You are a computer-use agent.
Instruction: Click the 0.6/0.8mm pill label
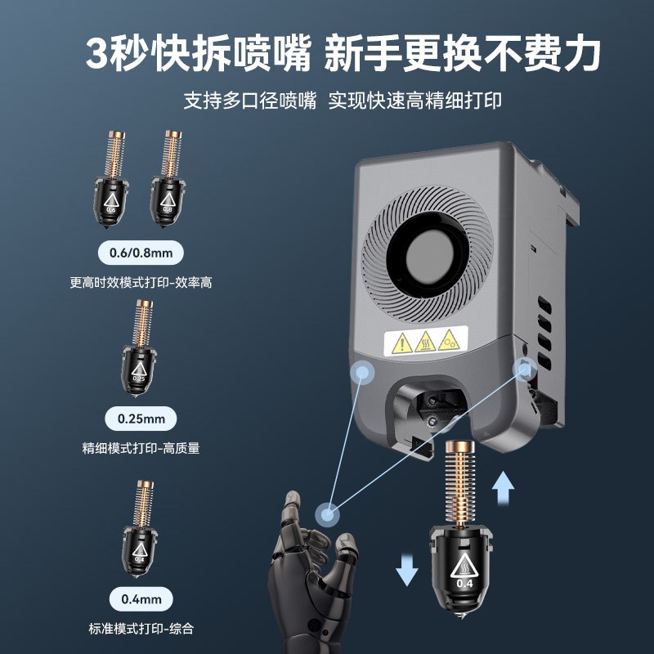141,253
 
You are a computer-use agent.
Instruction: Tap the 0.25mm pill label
141,419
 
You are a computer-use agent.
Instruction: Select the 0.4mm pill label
141,599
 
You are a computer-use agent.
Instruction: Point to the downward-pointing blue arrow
406,567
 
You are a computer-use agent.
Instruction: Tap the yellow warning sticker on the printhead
425,341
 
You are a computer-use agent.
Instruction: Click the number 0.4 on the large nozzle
464,584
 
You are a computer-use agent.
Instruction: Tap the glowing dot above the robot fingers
328,513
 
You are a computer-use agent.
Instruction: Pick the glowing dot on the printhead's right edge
522,368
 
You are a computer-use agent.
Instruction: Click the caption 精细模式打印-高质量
141,448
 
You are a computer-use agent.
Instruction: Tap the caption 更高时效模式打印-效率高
141,283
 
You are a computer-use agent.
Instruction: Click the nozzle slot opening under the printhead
433,409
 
